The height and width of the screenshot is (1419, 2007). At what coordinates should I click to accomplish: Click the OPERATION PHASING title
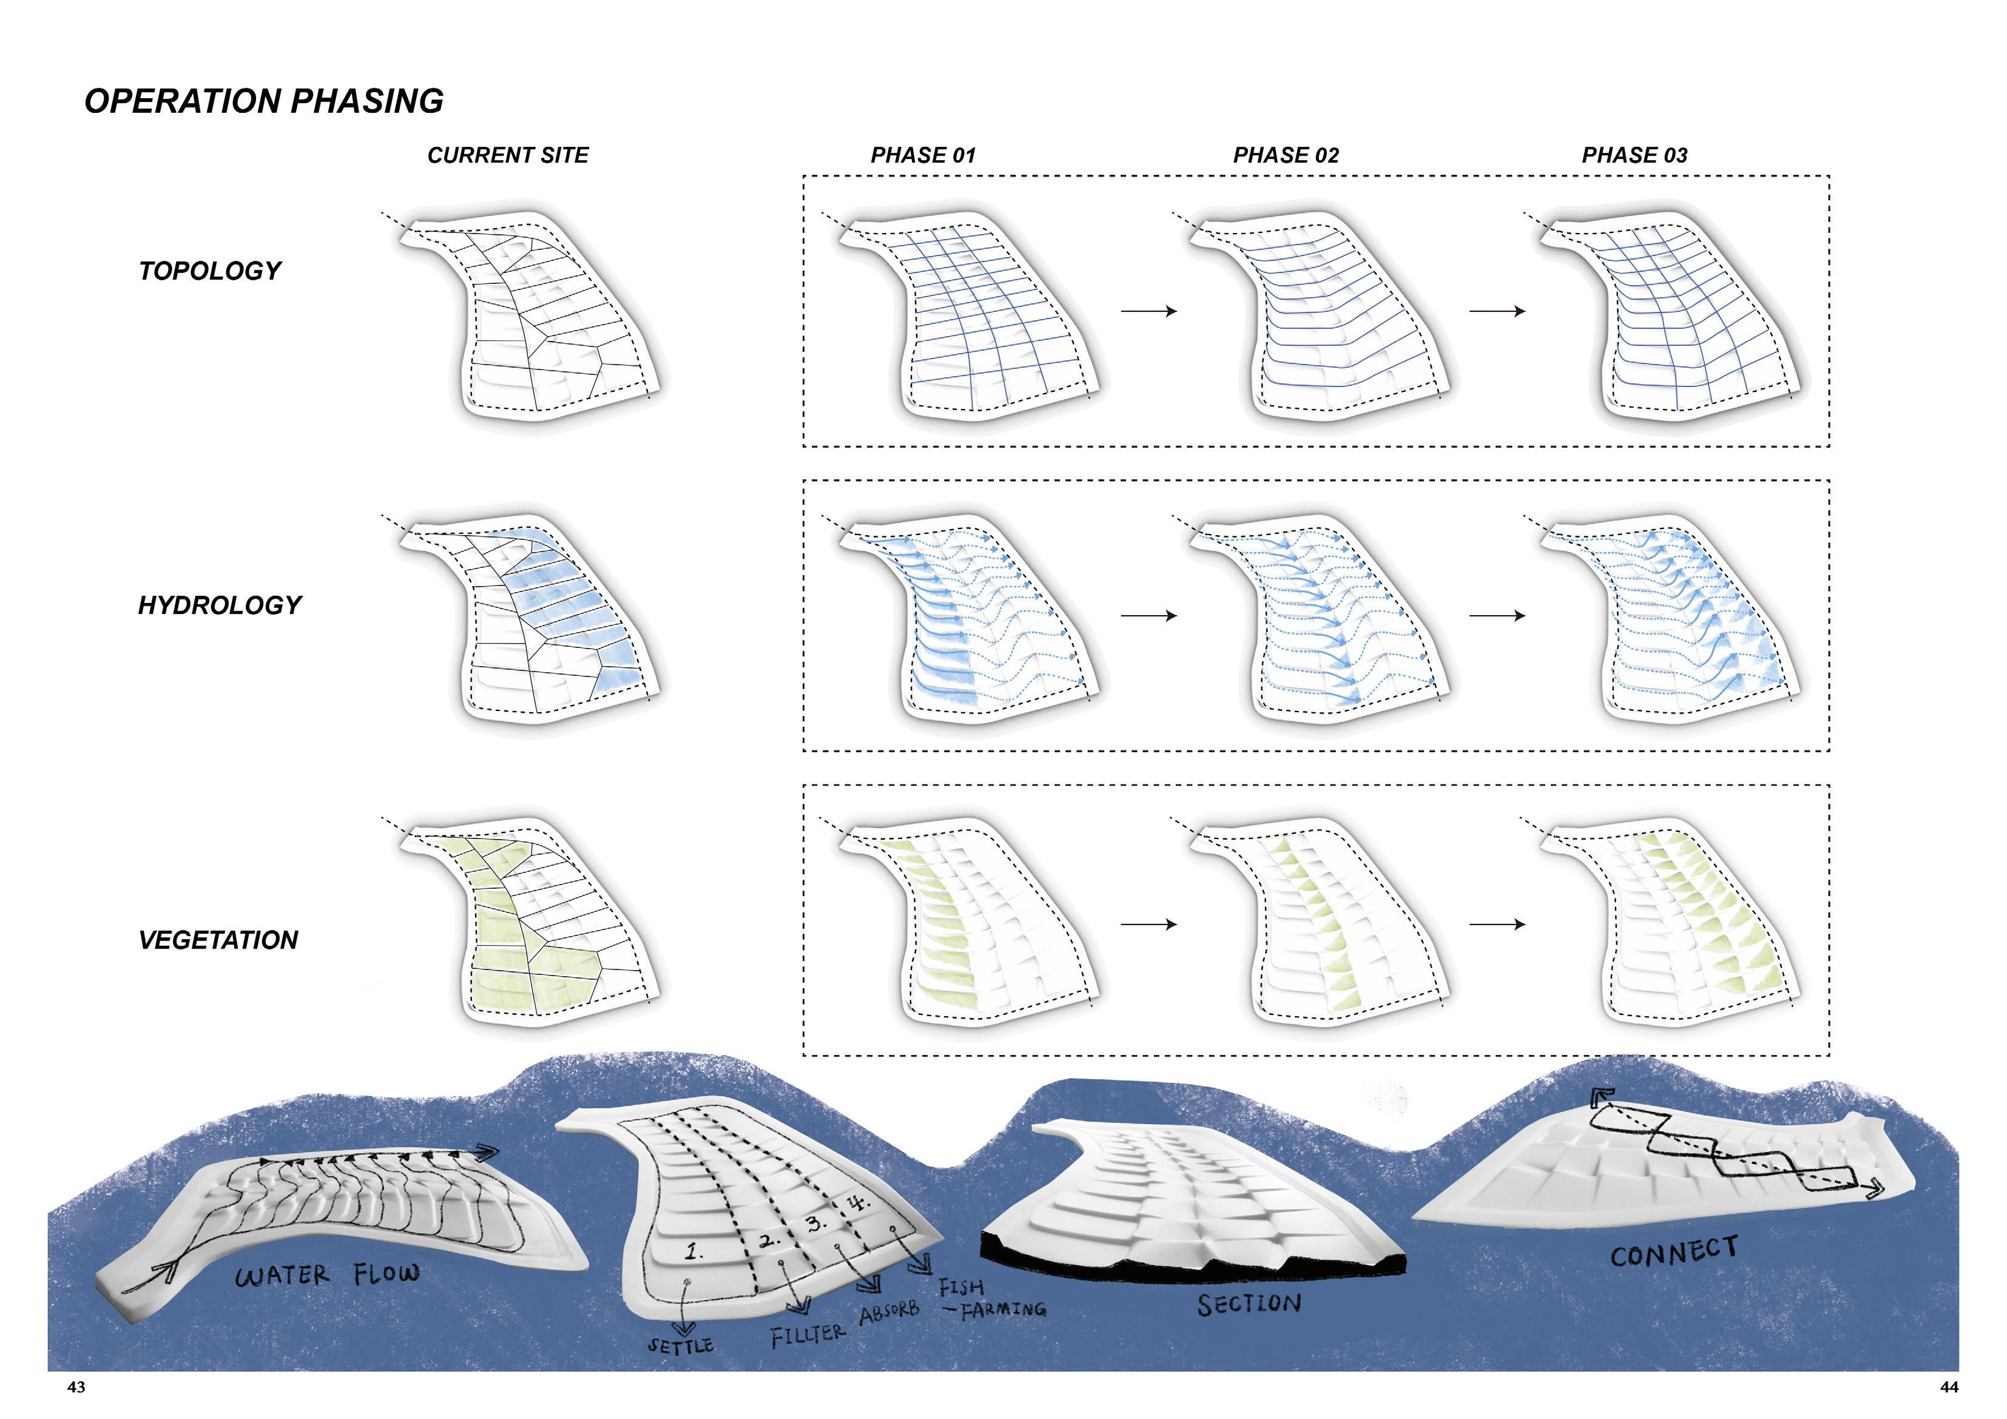tap(264, 101)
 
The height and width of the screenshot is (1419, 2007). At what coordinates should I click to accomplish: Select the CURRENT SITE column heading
tap(508, 156)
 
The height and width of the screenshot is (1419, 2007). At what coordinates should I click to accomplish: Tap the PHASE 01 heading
tap(922, 156)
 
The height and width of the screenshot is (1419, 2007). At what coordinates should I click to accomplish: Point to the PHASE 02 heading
tap(1285, 156)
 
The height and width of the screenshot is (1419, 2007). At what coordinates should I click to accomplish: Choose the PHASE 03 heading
tap(1634, 156)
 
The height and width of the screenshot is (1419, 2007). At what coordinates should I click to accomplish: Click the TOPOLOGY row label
tap(210, 271)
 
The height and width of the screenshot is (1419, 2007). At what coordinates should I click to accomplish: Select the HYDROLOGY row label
tap(220, 605)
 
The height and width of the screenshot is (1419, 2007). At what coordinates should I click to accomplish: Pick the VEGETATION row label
tap(218, 940)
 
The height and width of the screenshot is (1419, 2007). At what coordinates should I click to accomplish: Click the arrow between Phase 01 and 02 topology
tap(1149, 311)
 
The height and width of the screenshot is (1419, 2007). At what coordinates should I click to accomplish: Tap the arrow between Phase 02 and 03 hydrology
tap(1497, 616)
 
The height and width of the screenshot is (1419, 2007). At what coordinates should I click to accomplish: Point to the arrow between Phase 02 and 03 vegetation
tap(1497, 924)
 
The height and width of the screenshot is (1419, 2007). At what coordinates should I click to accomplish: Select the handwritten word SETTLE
tap(680, 1346)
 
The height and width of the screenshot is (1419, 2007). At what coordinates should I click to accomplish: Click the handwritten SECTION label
tap(1249, 1304)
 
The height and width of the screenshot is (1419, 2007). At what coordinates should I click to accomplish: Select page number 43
tap(77, 1387)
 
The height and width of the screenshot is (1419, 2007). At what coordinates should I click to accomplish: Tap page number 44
tap(1948, 1387)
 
